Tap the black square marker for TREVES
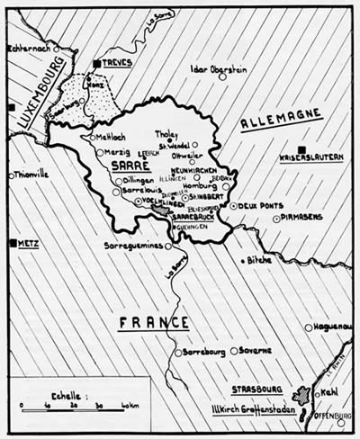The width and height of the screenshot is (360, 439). click(x=96, y=64)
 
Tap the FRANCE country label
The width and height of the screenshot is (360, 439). click(x=154, y=322)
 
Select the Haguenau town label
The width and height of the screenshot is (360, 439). click(x=334, y=327)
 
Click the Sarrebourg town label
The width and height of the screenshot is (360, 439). click(x=204, y=352)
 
